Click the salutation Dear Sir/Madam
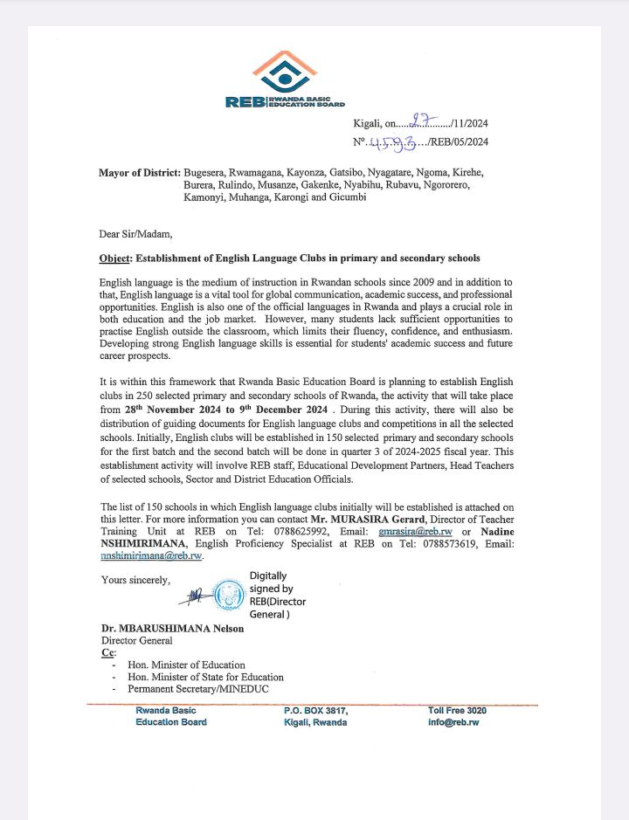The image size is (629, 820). [136, 233]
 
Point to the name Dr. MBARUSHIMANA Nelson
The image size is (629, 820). [172, 629]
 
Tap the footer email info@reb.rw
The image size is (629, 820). [453, 722]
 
